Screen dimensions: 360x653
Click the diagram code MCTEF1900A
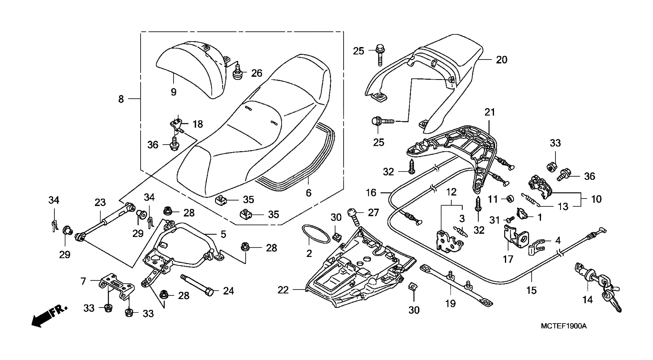(563, 326)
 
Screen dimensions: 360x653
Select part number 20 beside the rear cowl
(501, 60)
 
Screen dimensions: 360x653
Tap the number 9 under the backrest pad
(174, 92)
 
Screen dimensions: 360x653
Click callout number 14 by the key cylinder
(588, 300)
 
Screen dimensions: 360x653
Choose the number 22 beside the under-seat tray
(283, 290)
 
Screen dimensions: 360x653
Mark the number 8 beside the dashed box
(121, 99)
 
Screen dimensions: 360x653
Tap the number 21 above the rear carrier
(490, 112)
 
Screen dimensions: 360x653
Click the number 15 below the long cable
(531, 290)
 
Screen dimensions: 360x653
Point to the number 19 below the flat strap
(450, 303)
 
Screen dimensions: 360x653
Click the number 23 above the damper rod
(100, 203)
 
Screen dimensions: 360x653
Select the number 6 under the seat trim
(309, 193)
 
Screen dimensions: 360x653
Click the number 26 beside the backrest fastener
(257, 73)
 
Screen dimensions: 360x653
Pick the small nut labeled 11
(510, 199)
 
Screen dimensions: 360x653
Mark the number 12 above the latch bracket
(451, 192)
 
